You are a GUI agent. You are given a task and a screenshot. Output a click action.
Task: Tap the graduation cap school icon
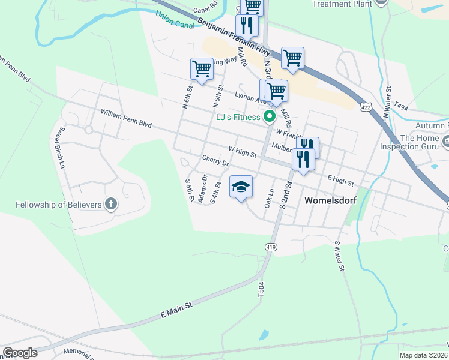point(241,187)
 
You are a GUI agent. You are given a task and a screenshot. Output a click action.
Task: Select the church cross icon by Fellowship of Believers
point(110,204)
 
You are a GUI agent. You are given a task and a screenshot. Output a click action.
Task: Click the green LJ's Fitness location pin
point(270,116)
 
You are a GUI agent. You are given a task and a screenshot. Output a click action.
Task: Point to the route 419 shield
point(270,247)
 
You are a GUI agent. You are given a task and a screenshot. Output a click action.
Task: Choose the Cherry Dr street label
point(216,162)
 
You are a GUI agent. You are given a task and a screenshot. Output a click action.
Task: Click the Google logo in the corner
point(20,353)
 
